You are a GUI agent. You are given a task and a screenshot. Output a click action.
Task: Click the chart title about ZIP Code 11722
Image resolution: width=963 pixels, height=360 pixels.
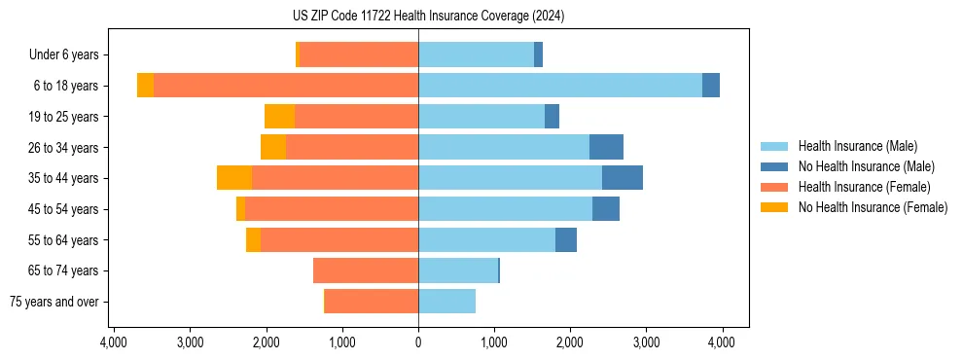(428, 17)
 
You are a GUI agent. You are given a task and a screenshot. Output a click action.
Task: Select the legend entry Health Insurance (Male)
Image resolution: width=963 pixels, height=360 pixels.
(856, 146)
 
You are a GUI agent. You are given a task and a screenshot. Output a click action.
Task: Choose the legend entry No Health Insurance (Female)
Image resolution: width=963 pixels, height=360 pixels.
(873, 207)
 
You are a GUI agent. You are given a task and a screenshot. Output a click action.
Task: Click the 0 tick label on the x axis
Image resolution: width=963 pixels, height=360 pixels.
(418, 342)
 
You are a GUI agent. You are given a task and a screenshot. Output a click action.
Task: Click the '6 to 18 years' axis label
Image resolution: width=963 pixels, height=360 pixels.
(65, 86)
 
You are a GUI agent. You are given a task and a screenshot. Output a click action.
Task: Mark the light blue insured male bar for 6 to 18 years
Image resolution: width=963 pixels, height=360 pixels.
(560, 86)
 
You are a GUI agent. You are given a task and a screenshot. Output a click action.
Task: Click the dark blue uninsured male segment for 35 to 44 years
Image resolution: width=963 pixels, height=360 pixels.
(623, 178)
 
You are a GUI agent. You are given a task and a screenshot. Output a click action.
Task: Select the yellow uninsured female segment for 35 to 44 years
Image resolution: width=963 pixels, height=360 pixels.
(234, 178)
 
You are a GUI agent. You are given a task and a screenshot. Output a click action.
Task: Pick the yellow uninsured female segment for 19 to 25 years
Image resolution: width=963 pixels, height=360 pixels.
(279, 117)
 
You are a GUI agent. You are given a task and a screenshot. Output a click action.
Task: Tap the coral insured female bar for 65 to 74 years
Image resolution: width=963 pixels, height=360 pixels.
(366, 270)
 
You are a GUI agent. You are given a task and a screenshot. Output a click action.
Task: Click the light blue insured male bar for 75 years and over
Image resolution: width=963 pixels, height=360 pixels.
(447, 302)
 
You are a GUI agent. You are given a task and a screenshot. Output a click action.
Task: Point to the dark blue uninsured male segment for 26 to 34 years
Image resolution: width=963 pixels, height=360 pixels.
(606, 147)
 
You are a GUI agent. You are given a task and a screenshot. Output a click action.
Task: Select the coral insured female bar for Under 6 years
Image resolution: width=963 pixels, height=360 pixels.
(359, 54)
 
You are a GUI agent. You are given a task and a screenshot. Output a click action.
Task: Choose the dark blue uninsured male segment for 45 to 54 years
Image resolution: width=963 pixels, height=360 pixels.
(606, 209)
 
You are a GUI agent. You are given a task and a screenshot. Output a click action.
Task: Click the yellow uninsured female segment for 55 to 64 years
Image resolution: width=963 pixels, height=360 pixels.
(253, 239)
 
